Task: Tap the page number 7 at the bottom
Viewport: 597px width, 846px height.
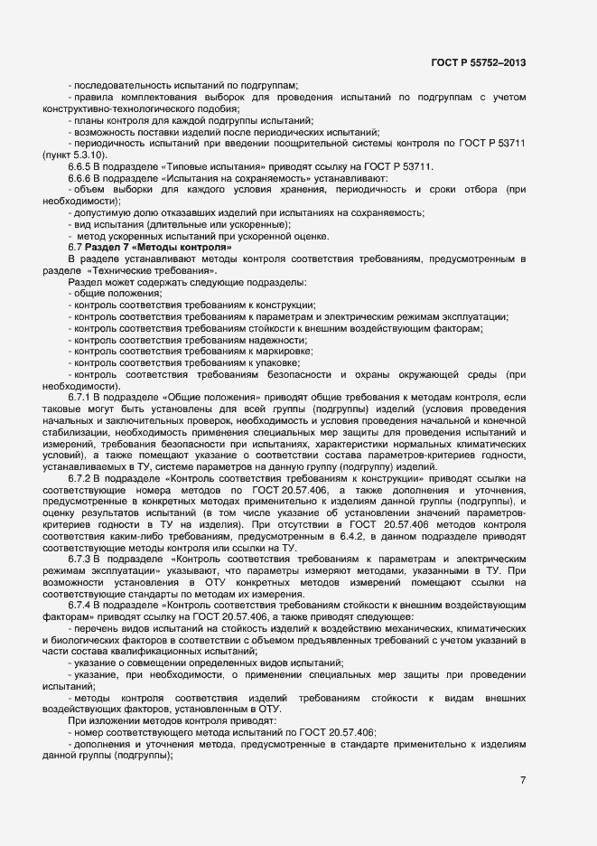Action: click(523, 779)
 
